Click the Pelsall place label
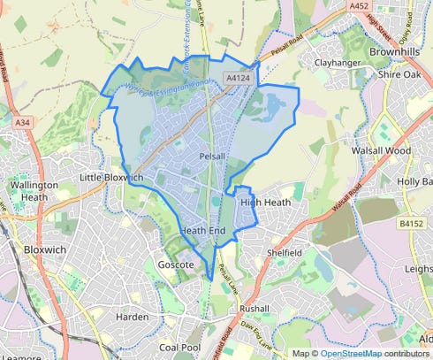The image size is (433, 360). click(x=214, y=156)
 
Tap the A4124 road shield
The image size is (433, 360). click(x=236, y=79)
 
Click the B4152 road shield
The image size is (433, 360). click(x=412, y=224)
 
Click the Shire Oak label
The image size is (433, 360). click(x=400, y=75)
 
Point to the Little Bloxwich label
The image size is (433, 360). click(x=111, y=178)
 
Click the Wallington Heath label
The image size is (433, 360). click(x=34, y=191)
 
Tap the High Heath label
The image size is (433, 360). click(x=265, y=203)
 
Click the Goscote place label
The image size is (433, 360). click(x=175, y=264)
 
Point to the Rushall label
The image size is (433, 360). click(x=254, y=309)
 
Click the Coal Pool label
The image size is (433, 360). click(x=181, y=347)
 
